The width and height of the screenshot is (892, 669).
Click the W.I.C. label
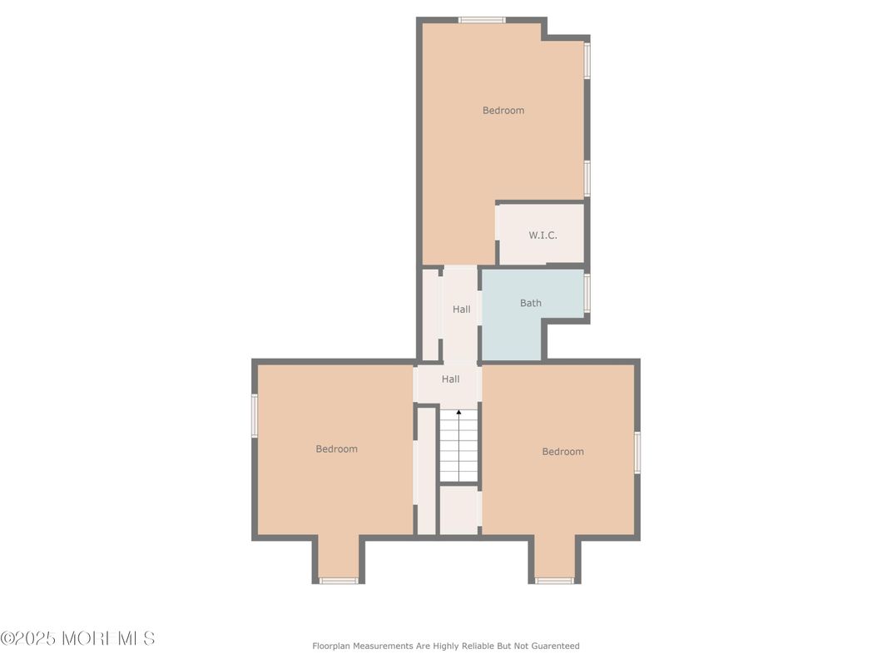click(x=543, y=235)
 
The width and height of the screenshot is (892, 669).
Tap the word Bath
click(x=531, y=303)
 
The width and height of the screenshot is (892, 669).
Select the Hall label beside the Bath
click(x=461, y=310)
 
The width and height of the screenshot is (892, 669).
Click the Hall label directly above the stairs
click(x=450, y=379)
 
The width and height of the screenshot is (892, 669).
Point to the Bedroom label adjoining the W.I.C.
click(x=503, y=111)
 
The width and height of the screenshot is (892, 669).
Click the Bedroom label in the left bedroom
click(x=336, y=449)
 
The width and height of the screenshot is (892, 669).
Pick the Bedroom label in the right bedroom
click(x=562, y=452)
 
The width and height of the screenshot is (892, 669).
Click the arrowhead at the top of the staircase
click(x=458, y=412)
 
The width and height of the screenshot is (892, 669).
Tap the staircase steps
click(x=458, y=449)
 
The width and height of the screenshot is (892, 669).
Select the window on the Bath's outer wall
click(x=587, y=293)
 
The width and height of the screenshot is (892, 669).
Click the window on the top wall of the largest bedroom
click(x=482, y=20)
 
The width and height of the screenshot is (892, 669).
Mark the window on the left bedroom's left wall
click(x=255, y=415)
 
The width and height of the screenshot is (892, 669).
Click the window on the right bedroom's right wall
click(x=637, y=453)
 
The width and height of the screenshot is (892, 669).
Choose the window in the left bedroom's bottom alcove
click(x=339, y=581)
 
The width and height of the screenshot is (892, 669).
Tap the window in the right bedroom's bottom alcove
click(x=554, y=581)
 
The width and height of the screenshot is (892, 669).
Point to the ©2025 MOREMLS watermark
click(x=77, y=639)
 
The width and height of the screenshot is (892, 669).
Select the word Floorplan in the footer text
click(x=331, y=647)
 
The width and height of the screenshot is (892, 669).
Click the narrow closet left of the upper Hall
click(x=430, y=315)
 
